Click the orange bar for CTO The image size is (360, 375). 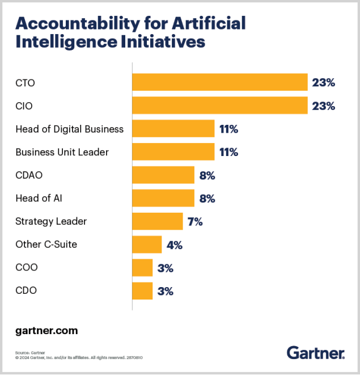(x=219, y=82)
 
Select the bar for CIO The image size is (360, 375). (x=219, y=106)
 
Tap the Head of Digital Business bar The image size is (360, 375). (x=173, y=129)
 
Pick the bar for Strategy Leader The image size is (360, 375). (x=157, y=221)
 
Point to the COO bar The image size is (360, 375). (x=142, y=268)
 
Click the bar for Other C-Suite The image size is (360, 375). (x=147, y=245)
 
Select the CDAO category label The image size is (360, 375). (x=30, y=175)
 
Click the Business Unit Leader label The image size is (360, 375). (x=62, y=152)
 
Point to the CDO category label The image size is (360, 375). (x=26, y=291)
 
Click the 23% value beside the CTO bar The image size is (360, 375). (x=324, y=83)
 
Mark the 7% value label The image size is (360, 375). (x=195, y=222)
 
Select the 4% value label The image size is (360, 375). (x=173, y=245)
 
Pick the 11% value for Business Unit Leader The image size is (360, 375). (x=228, y=153)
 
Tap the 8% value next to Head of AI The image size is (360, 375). (x=207, y=199)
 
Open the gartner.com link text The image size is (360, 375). (x=46, y=330)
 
